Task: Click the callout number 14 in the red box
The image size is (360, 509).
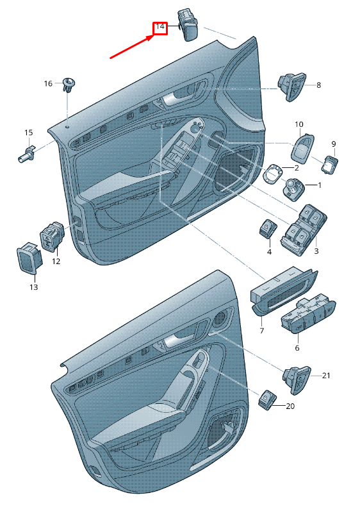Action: (x=160, y=26)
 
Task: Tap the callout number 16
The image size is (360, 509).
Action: (x=48, y=84)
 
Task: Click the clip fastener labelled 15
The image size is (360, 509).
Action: (x=28, y=154)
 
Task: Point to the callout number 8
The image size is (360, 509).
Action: (x=318, y=85)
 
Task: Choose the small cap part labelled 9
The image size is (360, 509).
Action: (x=329, y=164)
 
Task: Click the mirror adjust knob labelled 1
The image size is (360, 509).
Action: (x=294, y=189)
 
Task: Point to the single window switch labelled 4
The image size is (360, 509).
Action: (x=268, y=228)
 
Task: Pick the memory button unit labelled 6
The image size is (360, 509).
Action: (x=308, y=314)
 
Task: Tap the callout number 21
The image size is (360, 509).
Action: (x=326, y=376)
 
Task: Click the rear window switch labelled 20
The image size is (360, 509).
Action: (x=267, y=399)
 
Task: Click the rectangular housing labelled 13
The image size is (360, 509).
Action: (x=29, y=257)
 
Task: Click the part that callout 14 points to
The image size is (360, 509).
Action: (x=188, y=26)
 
